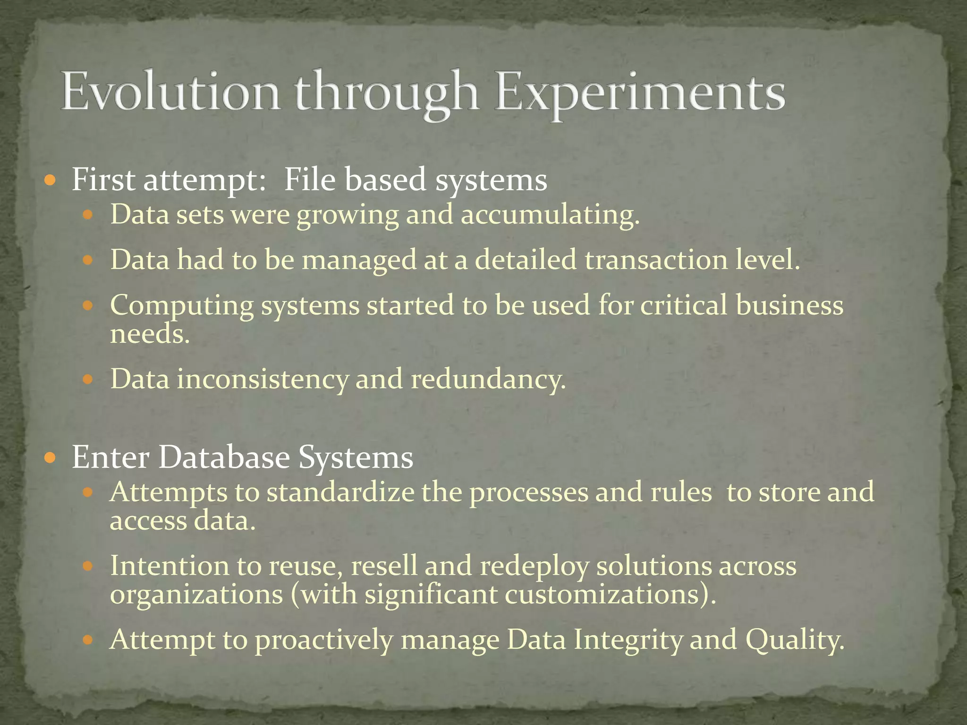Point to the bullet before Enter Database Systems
(50, 457)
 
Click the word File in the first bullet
(309, 180)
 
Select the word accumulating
(550, 215)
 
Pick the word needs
(150, 334)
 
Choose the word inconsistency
(262, 379)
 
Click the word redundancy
(488, 379)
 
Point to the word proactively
(324, 641)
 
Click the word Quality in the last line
(795, 641)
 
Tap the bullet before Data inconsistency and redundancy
(88, 379)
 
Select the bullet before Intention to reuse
(88, 565)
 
